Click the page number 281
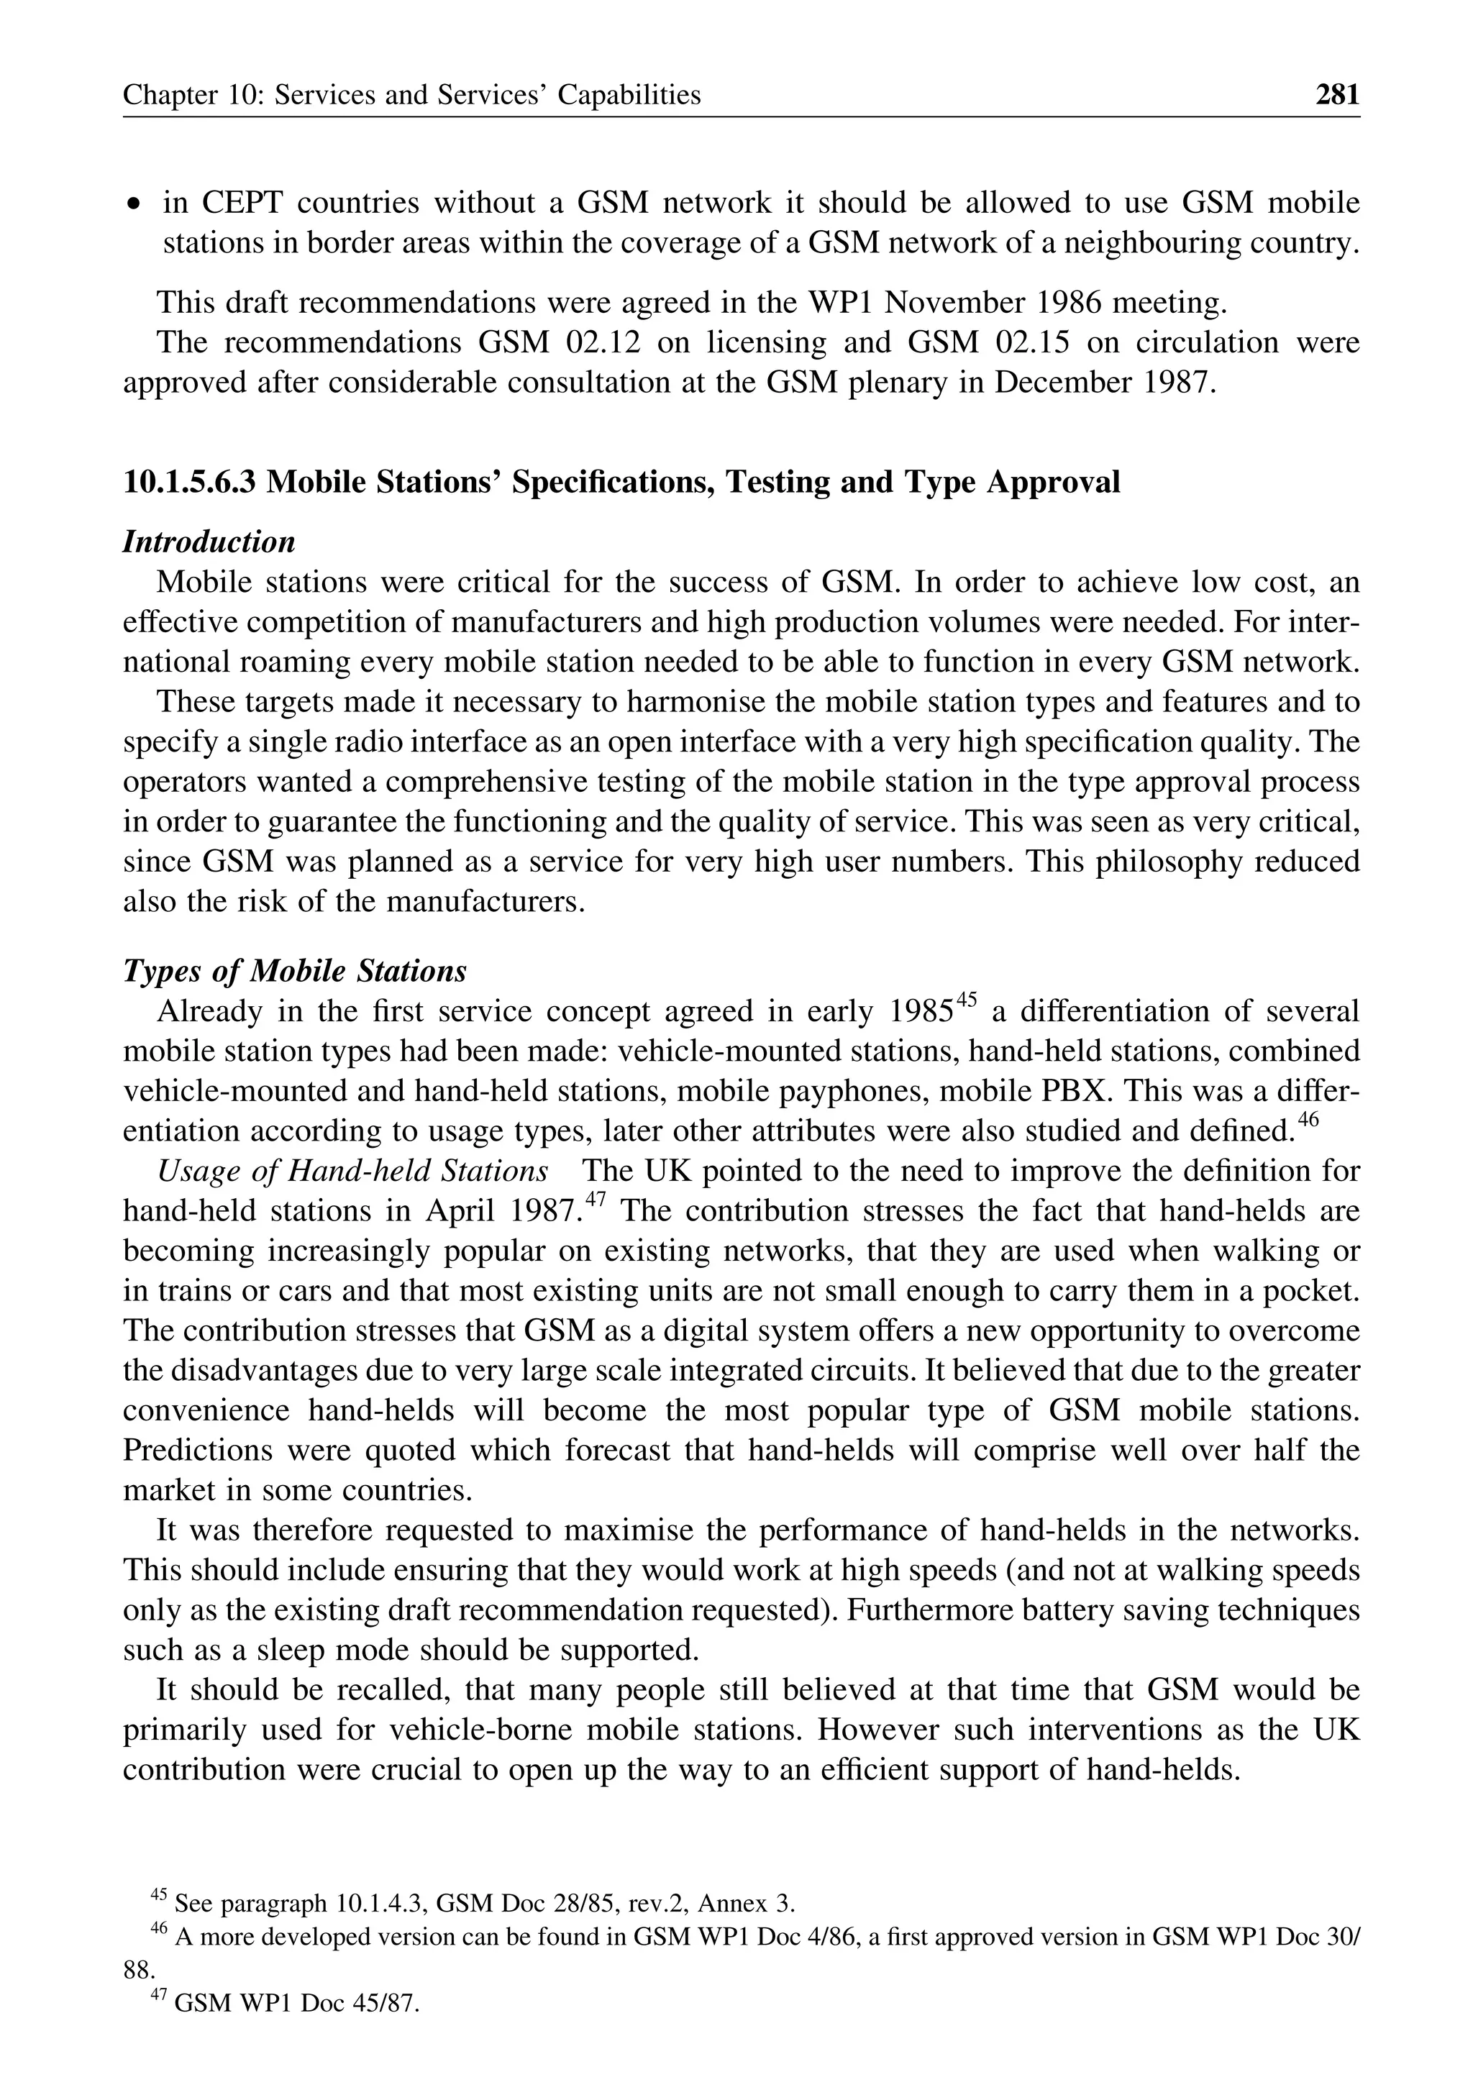pyautogui.click(x=1337, y=94)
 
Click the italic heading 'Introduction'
pyautogui.click(x=209, y=542)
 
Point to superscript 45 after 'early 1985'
pyautogui.click(x=966, y=1000)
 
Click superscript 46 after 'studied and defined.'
pyautogui.click(x=1307, y=1120)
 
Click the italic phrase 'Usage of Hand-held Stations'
pyautogui.click(x=353, y=1171)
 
